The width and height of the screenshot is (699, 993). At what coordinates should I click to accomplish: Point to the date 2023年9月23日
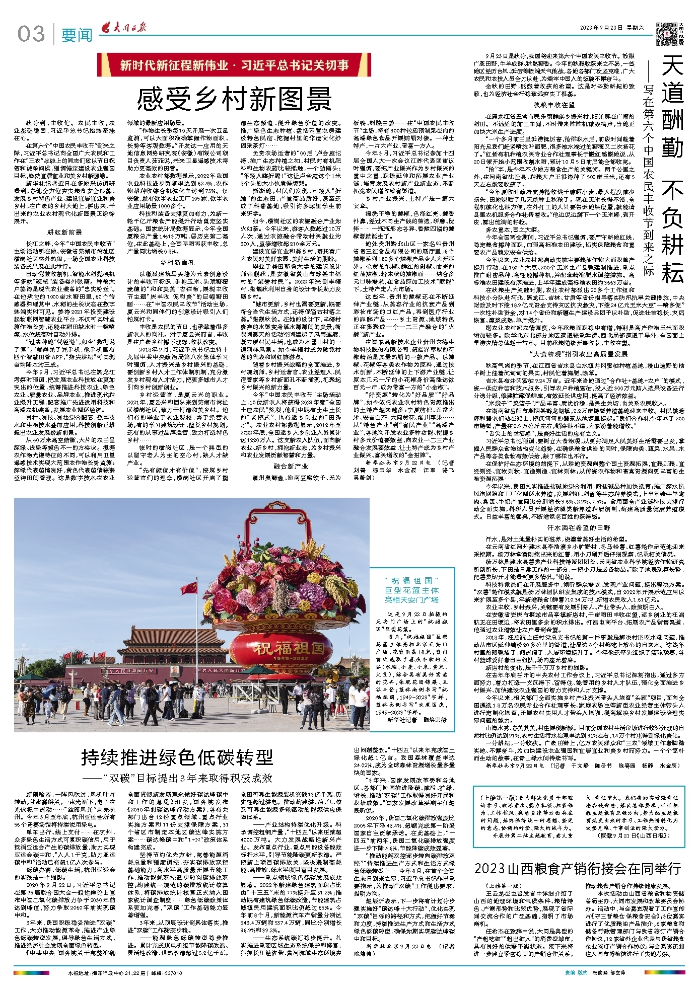point(602,28)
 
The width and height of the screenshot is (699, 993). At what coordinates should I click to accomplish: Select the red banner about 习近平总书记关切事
point(234,65)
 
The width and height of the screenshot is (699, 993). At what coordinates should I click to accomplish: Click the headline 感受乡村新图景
point(234,98)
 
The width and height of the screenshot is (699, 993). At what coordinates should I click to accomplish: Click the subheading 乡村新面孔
point(177,262)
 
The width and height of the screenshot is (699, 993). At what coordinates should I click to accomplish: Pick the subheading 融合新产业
point(291,467)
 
